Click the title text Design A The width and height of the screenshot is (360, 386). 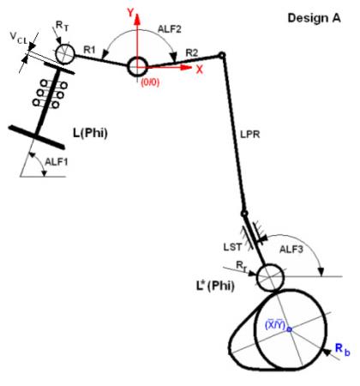314,18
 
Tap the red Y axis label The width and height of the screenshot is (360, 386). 130,13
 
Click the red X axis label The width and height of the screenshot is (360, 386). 200,69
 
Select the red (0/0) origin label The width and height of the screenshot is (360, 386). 150,82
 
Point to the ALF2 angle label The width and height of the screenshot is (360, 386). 170,29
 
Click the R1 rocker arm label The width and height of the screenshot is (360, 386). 89,50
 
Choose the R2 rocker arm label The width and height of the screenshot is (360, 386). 191,52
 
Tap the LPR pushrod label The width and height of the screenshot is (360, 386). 250,135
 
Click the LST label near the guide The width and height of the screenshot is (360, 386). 232,247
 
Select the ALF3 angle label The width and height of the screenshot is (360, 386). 291,250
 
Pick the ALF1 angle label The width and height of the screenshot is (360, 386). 57,162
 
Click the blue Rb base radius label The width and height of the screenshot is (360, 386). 342,349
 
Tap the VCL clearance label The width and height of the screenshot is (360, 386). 19,38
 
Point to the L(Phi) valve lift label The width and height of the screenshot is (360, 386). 90,133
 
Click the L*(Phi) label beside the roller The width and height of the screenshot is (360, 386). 215,286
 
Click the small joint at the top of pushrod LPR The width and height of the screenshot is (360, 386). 222,55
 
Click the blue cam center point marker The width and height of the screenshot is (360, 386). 289,329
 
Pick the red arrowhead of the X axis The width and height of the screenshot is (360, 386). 186,68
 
